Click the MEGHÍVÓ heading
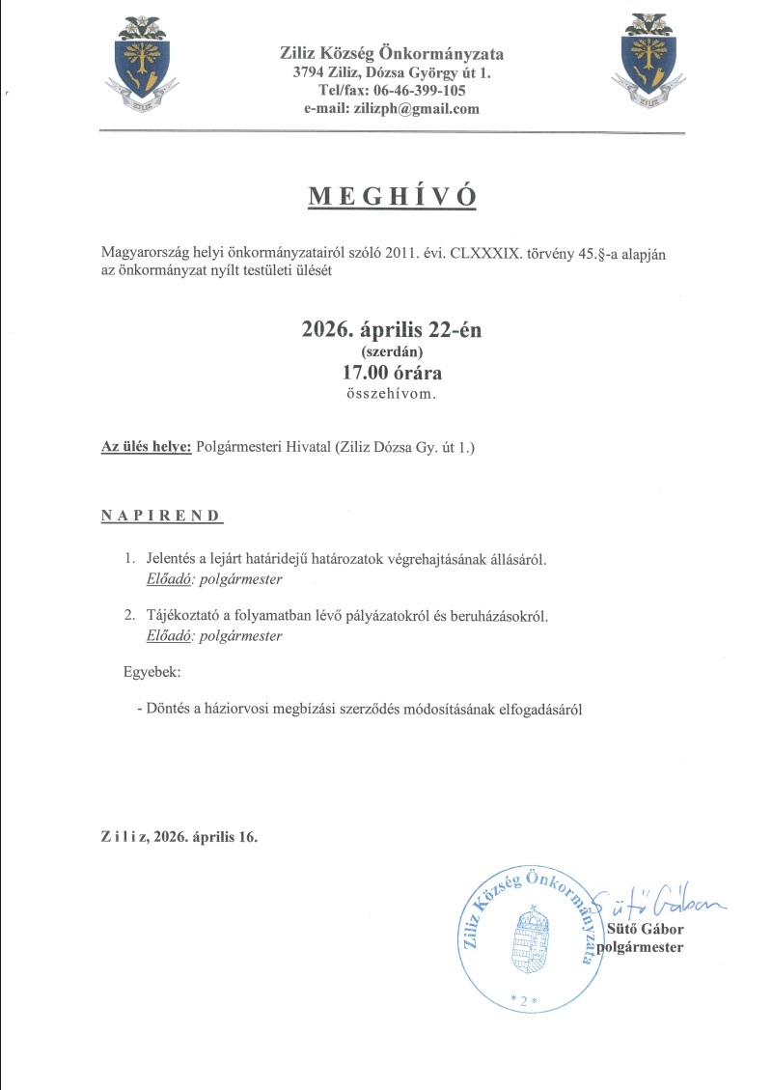click(392, 196)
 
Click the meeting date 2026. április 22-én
click(392, 330)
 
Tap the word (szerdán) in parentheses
click(392, 352)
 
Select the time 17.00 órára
click(392, 373)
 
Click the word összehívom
click(392, 394)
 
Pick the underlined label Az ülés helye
click(147, 447)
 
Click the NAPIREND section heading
click(160, 516)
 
